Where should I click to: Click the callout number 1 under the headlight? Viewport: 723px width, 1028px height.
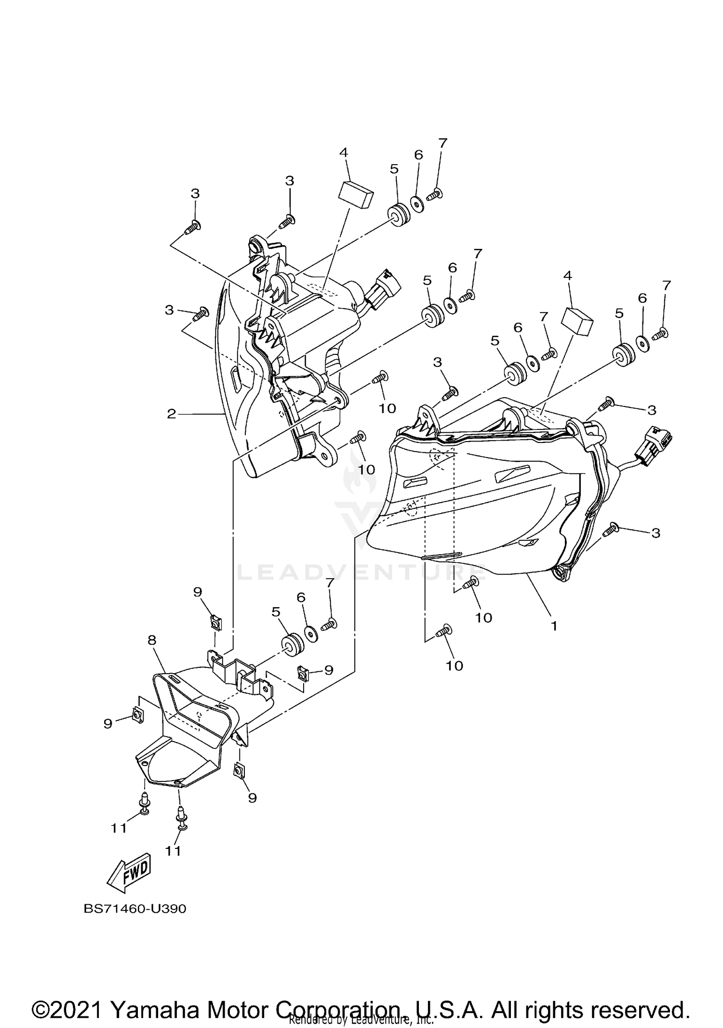pyautogui.click(x=554, y=625)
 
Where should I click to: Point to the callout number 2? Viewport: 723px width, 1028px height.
pyautogui.click(x=172, y=414)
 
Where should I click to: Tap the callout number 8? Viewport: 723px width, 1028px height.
pyautogui.click(x=152, y=640)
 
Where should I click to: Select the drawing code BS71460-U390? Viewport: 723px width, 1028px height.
pyautogui.click(x=135, y=909)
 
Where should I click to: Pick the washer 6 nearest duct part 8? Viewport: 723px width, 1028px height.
pyautogui.click(x=312, y=634)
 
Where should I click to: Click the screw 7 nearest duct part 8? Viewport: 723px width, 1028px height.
pyautogui.click(x=330, y=624)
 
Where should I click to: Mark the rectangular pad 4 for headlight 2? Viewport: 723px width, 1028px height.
pyautogui.click(x=356, y=194)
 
